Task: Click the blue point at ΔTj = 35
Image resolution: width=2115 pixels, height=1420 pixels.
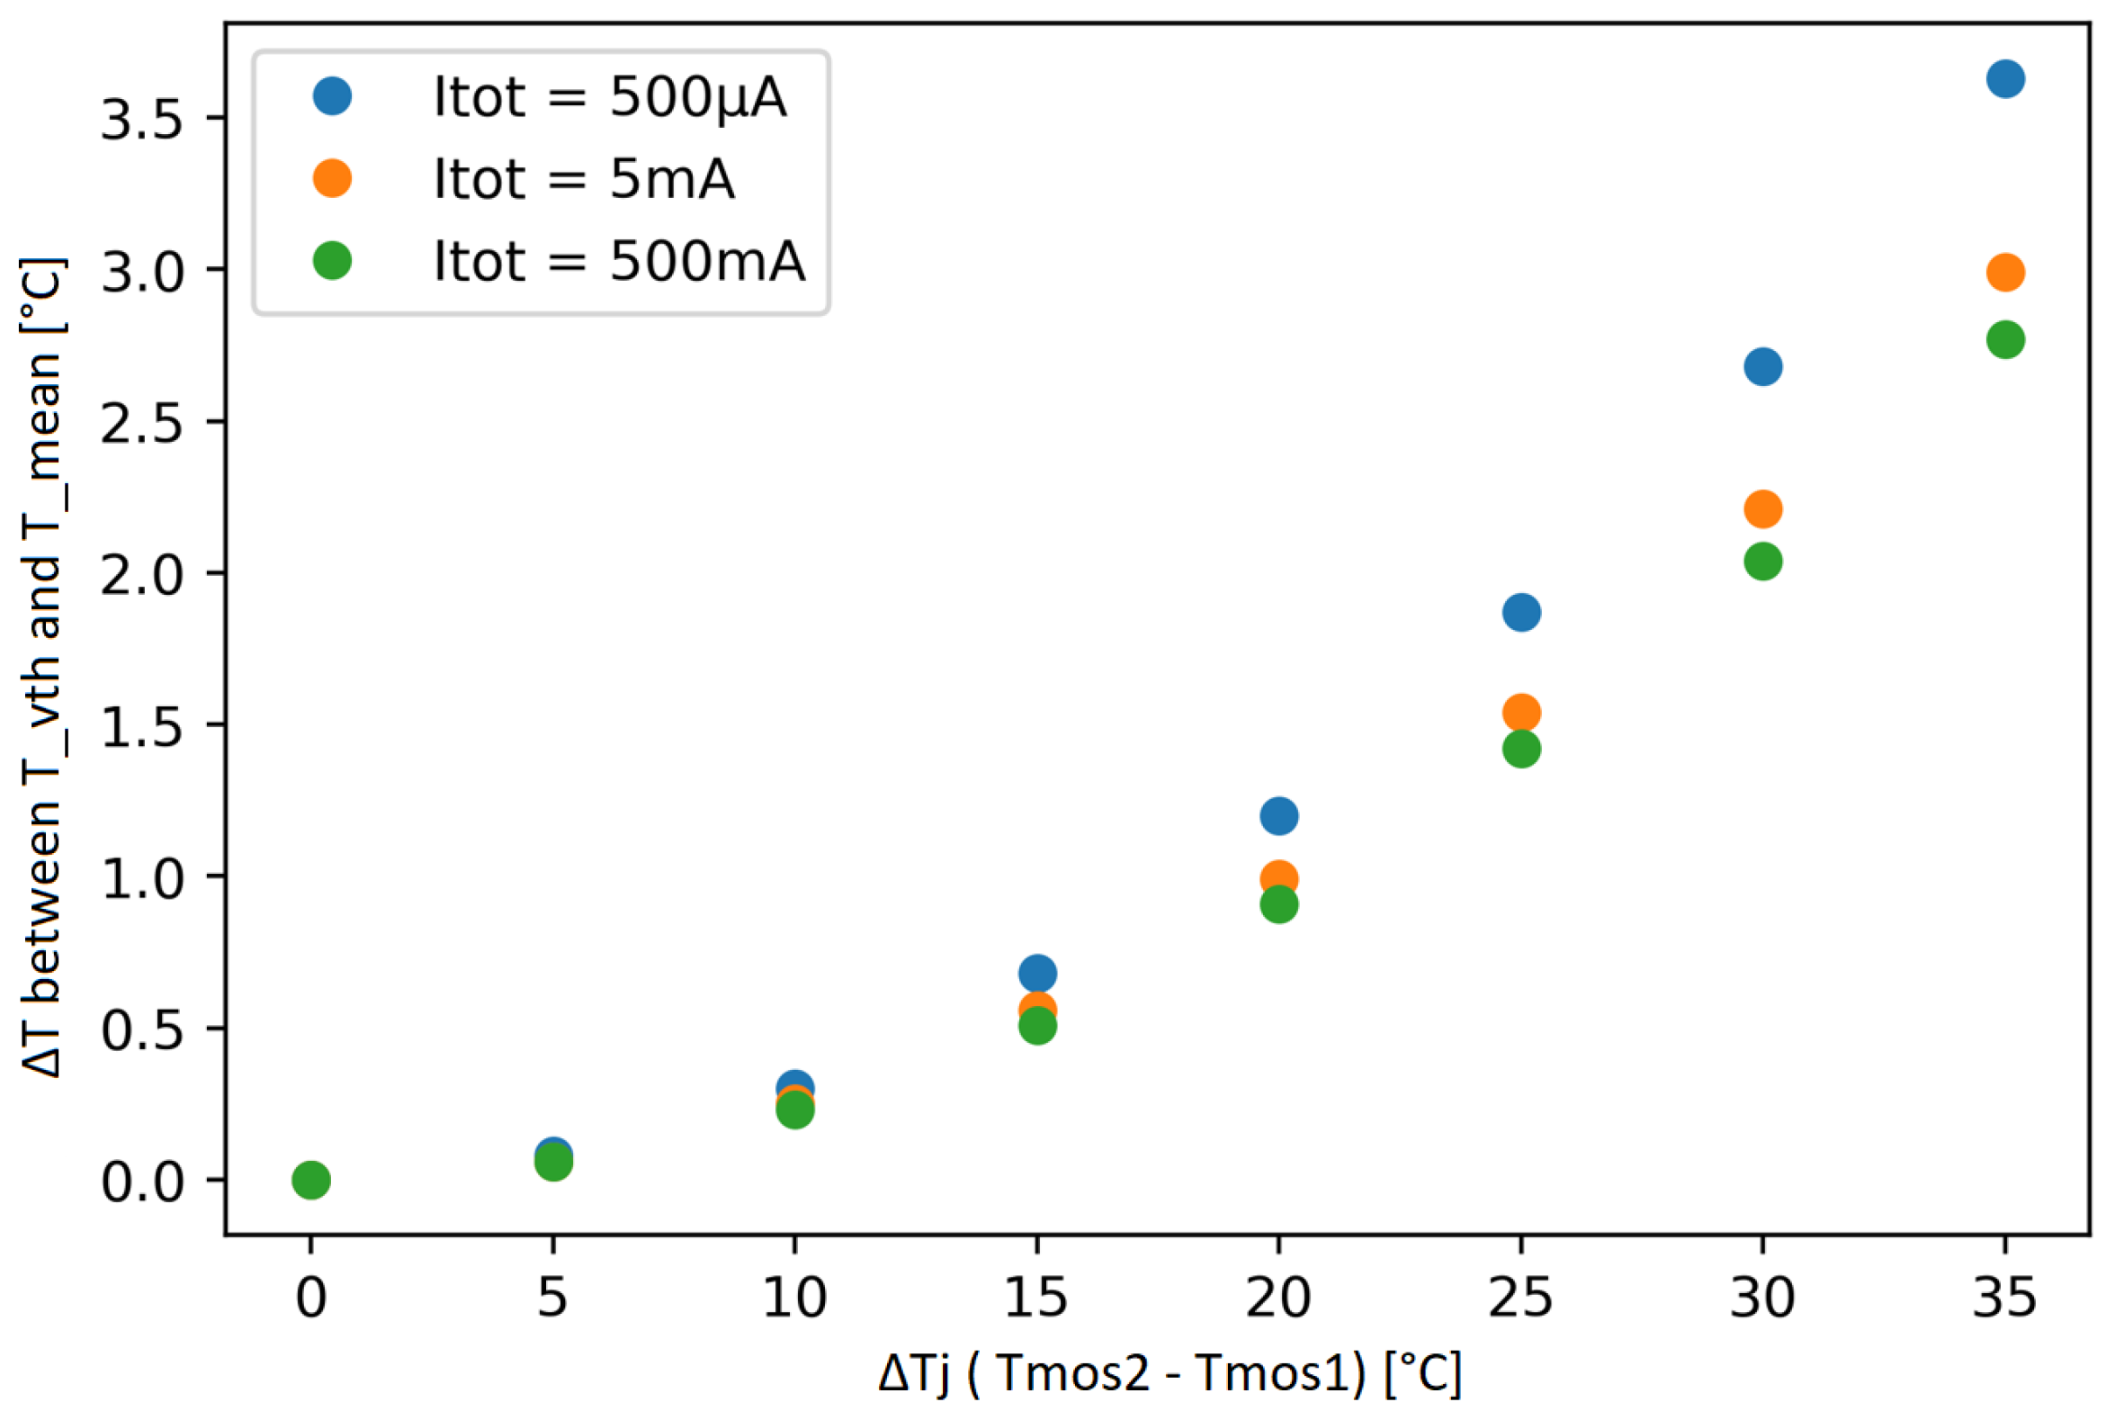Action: coord(2005,79)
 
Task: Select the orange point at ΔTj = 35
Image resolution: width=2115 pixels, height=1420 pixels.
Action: coord(2005,272)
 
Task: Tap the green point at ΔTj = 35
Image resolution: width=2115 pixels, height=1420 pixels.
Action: coord(2005,339)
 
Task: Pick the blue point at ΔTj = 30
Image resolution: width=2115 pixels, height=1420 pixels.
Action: coord(1763,367)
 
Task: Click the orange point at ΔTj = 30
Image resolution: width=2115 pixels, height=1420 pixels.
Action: coord(1763,509)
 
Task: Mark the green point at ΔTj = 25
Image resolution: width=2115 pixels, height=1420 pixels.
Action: coord(1522,749)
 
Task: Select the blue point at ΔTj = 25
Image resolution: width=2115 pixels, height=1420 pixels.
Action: coord(1522,612)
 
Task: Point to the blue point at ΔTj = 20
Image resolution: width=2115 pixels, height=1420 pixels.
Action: coord(1278,816)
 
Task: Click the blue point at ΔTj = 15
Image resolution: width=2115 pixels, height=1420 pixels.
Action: coord(1037,974)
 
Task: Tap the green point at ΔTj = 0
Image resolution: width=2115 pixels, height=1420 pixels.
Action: coord(310,1180)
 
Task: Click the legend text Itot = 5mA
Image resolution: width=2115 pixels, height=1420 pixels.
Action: coord(584,178)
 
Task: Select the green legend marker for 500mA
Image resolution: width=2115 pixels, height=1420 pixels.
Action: coord(332,261)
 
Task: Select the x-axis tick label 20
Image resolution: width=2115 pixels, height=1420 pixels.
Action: coord(1278,1297)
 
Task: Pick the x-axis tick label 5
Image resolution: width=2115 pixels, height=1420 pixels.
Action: coord(552,1297)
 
